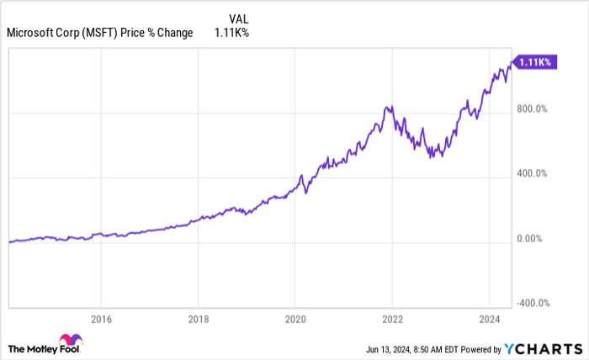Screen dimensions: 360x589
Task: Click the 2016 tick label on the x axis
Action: pos(100,320)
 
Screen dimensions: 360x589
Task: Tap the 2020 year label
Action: pos(294,320)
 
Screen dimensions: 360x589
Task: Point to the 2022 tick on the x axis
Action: pos(392,320)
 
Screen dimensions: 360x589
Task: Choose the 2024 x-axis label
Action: pos(490,320)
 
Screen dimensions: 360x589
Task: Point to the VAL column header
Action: pos(239,18)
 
